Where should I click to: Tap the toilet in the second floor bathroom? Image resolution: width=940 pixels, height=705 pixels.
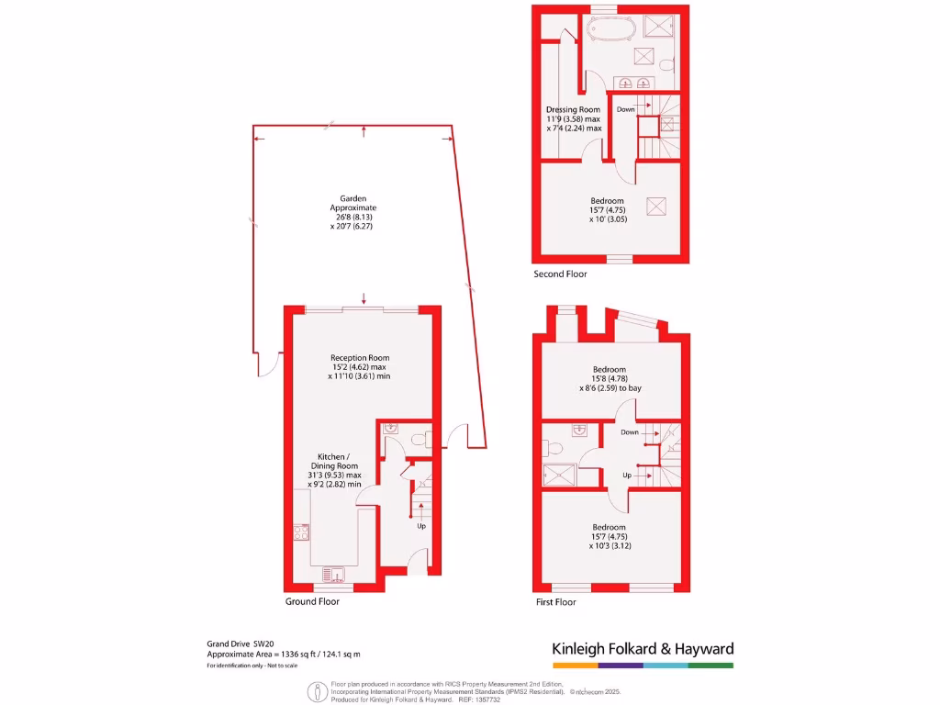(x=668, y=64)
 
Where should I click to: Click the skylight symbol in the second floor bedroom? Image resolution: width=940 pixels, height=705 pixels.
(x=657, y=206)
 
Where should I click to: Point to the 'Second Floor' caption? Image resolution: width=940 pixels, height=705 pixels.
(x=560, y=274)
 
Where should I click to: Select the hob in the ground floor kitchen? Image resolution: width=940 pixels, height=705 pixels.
(x=300, y=532)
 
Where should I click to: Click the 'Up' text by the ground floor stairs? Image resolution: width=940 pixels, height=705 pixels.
(x=421, y=527)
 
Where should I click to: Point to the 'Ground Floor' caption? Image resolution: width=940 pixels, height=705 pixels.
(x=312, y=602)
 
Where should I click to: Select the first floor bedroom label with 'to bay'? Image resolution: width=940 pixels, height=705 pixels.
(x=610, y=379)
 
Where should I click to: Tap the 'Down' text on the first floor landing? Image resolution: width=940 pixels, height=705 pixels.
(x=629, y=432)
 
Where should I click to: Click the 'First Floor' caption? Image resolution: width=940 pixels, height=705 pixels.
(x=555, y=602)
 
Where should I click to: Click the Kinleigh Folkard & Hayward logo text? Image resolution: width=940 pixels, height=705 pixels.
(x=643, y=649)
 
